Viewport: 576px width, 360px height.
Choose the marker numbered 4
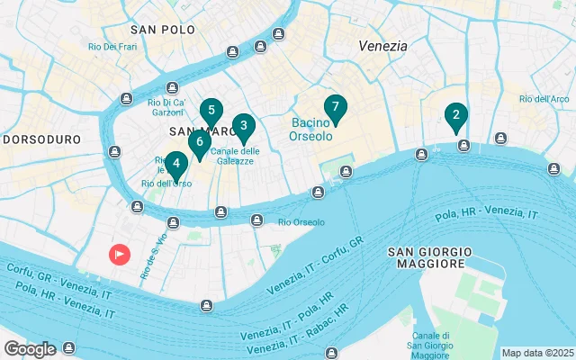pyautogui.click(x=176, y=165)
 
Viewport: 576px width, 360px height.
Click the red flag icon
pyautogui.click(x=121, y=255)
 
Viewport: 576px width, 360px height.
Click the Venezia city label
pyautogui.click(x=382, y=45)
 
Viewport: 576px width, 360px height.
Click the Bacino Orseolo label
pyautogui.click(x=311, y=129)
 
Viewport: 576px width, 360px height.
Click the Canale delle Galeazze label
pyautogui.click(x=236, y=156)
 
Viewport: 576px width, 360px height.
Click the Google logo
pyautogui.click(x=30, y=348)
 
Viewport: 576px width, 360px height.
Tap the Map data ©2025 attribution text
pyautogui.click(x=537, y=353)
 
